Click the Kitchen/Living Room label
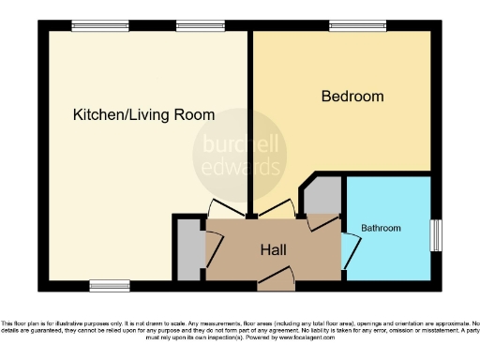point(143,115)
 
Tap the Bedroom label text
point(352,97)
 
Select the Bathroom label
point(382,228)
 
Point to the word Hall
point(273,250)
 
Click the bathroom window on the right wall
point(435,234)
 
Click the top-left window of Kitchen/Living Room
point(87,27)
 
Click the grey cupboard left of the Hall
point(188,248)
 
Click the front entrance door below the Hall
point(278,274)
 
